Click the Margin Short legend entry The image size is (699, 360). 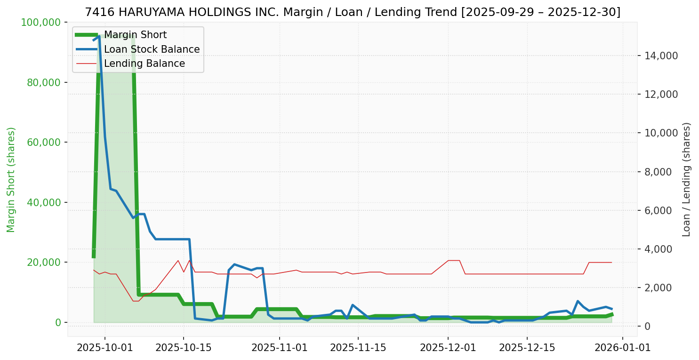pyautogui.click(x=135, y=35)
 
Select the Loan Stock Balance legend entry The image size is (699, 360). pyautogui.click(x=152, y=49)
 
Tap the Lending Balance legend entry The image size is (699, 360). pyautogui.click(x=144, y=64)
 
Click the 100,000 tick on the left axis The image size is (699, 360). pyautogui.click(x=41, y=22)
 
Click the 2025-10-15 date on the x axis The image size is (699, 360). pyautogui.click(x=183, y=348)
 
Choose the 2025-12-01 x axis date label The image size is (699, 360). pyautogui.click(x=448, y=348)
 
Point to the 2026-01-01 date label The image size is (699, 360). pyautogui.click(x=623, y=348)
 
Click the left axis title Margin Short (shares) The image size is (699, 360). pyautogui.click(x=11, y=179)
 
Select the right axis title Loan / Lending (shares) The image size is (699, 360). pyautogui.click(x=686, y=179)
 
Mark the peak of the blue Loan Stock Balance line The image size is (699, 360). pyautogui.click(x=99, y=36)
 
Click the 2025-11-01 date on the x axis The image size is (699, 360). pyautogui.click(x=280, y=348)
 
